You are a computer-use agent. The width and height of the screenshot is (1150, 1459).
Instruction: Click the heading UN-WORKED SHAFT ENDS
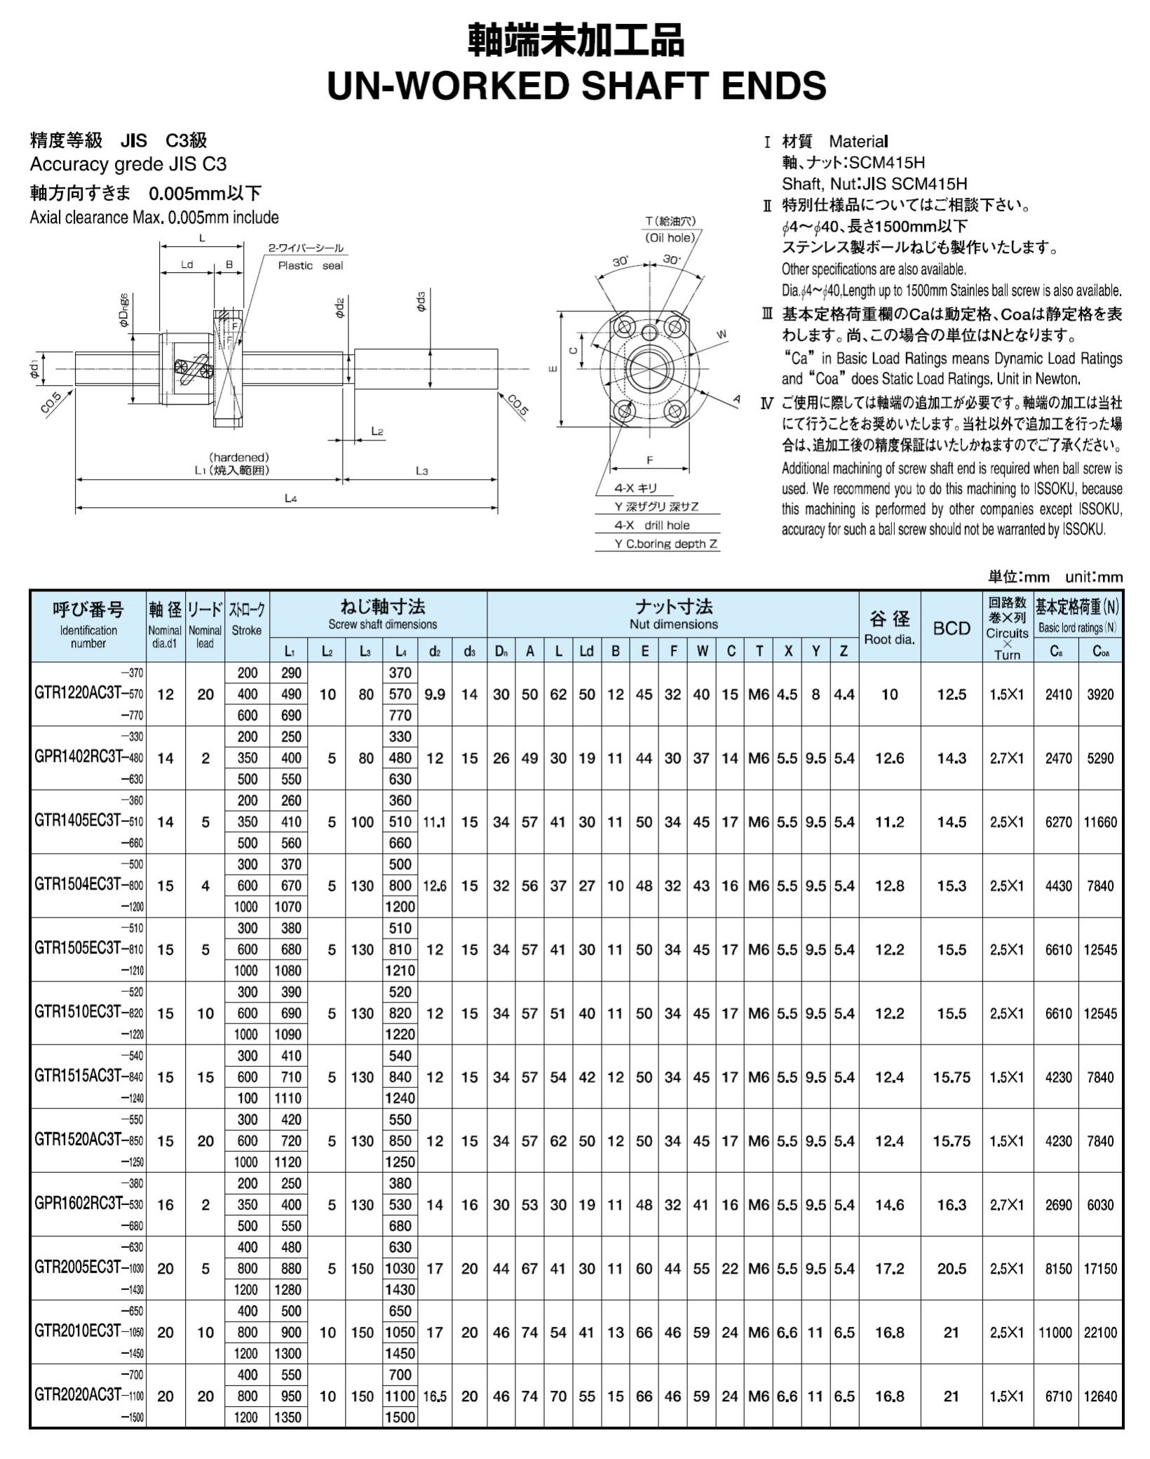(576, 86)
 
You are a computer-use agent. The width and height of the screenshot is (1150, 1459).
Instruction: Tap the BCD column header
(951, 628)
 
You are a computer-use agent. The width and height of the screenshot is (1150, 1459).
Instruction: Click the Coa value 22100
(1100, 1332)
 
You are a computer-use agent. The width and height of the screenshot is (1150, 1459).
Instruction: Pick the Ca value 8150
(1058, 1268)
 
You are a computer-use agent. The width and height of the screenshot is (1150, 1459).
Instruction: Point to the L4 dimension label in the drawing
(290, 499)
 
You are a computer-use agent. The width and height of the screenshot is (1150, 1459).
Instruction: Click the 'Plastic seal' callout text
(310, 266)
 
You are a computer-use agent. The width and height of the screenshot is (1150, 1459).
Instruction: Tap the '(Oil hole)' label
(670, 238)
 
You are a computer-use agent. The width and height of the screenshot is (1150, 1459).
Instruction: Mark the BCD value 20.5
(951, 1268)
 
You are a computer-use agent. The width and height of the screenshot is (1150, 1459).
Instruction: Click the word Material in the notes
(858, 142)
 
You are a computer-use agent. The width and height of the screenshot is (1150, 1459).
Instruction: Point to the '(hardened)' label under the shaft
(239, 457)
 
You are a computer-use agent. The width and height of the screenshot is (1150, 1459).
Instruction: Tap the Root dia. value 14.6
(889, 1204)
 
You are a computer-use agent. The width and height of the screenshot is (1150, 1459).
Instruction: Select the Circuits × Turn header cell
(1007, 628)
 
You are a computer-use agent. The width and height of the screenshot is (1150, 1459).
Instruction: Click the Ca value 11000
(1055, 1332)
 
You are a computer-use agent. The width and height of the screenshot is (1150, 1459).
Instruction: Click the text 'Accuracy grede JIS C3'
(128, 165)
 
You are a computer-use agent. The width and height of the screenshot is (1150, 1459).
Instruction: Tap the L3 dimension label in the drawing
(421, 471)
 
